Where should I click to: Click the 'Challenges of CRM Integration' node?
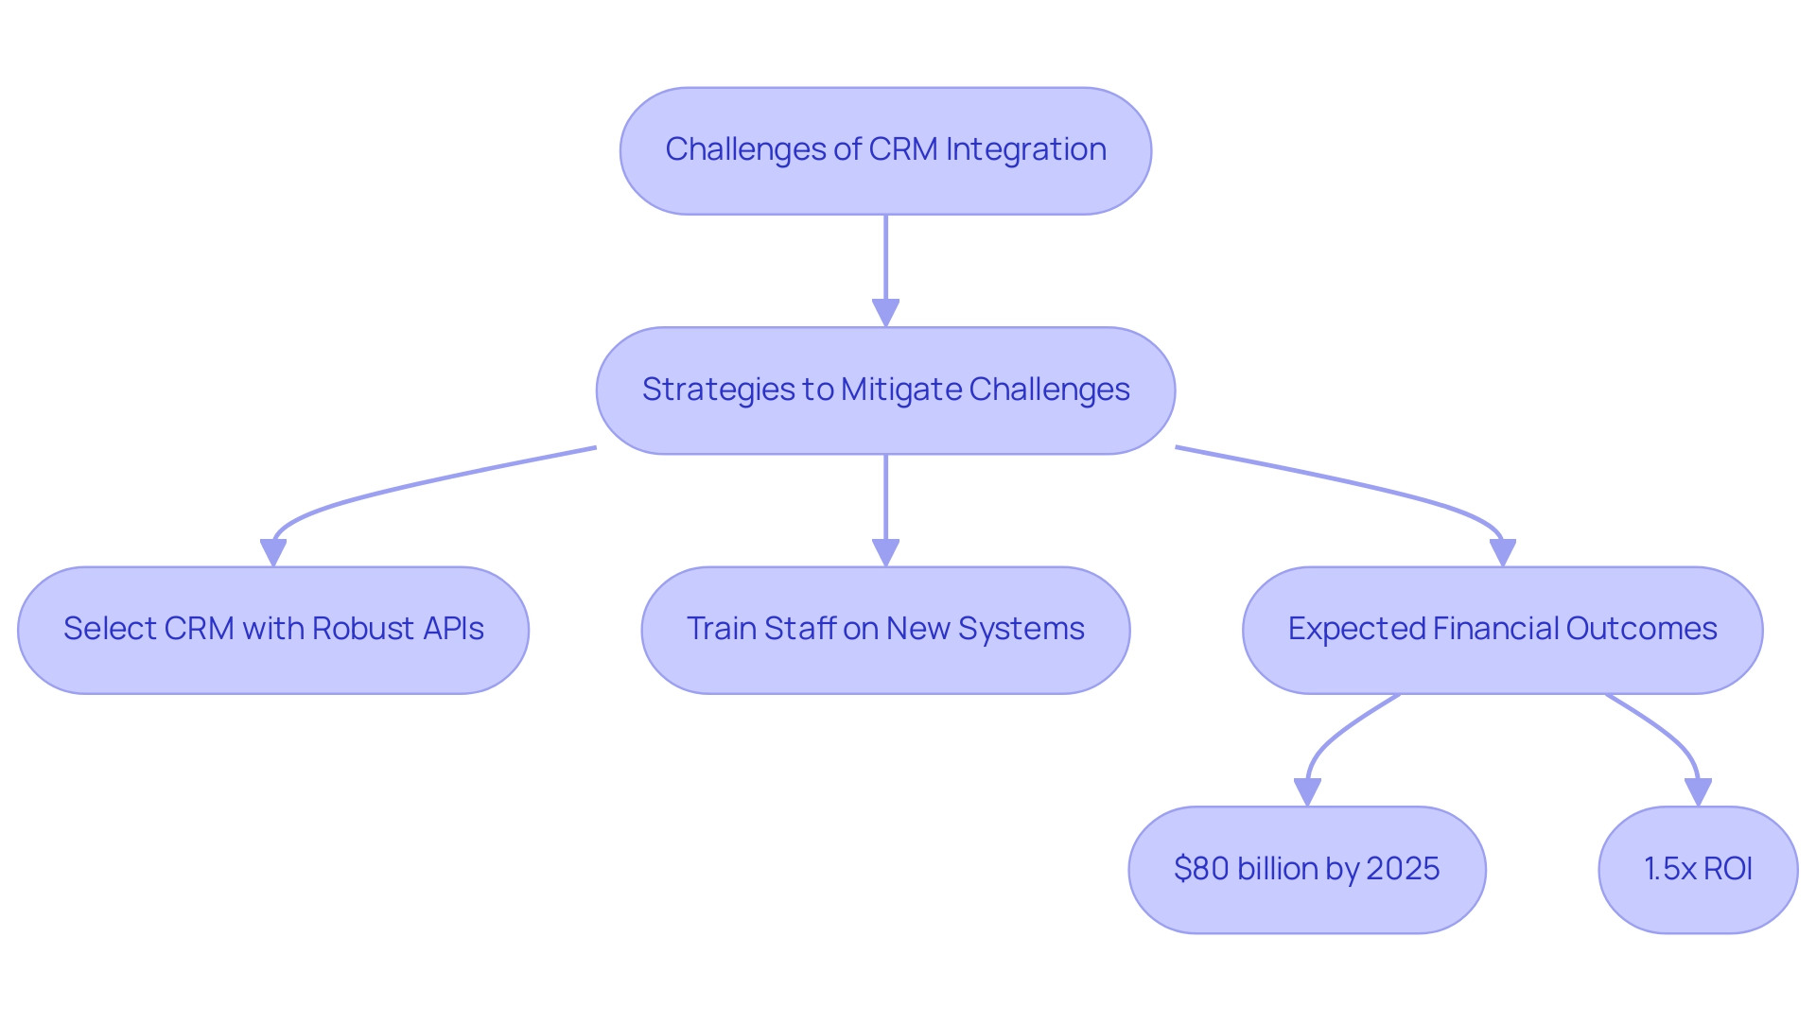885,151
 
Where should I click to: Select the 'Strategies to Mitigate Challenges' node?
885,391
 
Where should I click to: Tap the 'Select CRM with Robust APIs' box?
273,630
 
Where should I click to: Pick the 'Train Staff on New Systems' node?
885,630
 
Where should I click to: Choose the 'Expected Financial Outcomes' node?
1502,630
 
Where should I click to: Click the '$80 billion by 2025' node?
1307,870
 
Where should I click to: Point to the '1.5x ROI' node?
1698,870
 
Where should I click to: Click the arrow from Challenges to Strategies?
885,271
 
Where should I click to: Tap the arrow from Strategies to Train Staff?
885,511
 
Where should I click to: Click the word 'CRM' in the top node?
903,149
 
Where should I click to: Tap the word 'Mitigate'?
900,390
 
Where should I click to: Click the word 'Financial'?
1494,629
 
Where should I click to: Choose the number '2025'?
1403,869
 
